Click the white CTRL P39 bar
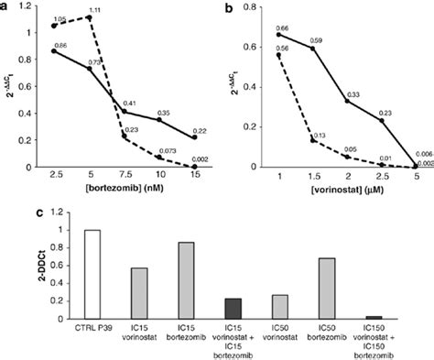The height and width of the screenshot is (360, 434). click(92, 274)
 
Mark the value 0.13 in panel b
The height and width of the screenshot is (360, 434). click(320, 136)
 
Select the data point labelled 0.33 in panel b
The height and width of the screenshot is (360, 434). click(347, 101)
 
